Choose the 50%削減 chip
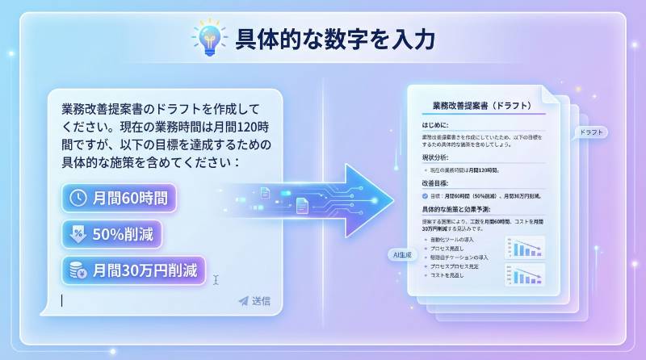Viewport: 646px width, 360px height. tap(113, 234)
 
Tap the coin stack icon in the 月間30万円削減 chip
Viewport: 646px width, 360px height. tap(79, 269)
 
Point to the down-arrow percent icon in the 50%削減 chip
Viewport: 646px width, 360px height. tap(79, 234)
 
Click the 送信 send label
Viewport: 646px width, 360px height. tap(261, 301)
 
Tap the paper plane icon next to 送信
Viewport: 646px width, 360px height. tap(243, 301)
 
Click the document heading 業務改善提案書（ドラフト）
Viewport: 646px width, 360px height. tap(481, 105)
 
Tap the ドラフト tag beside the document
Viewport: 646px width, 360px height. tap(592, 132)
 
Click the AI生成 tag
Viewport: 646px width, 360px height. tap(401, 254)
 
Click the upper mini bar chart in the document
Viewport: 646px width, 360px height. tap(525, 246)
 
